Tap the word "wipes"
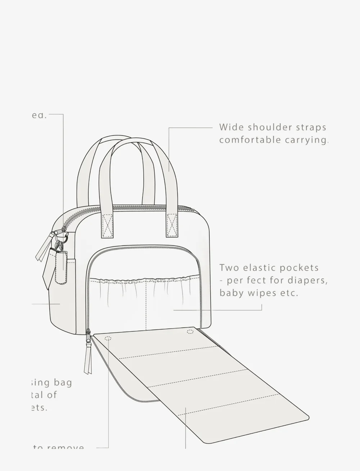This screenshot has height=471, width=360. click(x=257, y=293)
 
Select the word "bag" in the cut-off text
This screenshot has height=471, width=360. click(x=63, y=382)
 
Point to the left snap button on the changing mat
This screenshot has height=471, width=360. click(x=108, y=338)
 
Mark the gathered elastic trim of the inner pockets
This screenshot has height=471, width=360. click(x=144, y=279)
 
